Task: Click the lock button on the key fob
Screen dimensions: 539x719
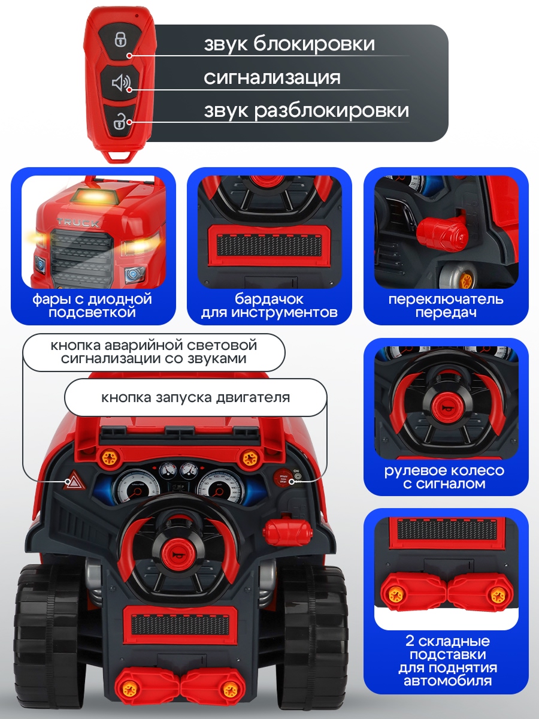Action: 120,40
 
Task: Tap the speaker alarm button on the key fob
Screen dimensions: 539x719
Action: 120,82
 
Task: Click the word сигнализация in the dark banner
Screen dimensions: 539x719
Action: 272,78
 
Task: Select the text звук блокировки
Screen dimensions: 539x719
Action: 289,44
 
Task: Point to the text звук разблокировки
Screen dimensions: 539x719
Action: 306,111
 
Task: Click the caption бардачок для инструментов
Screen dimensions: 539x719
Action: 269,306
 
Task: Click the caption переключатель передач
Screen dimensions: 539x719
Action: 446,306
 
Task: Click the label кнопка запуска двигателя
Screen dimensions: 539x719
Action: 195,398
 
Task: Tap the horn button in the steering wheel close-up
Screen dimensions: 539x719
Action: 446,408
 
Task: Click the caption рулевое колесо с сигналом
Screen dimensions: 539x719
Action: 444,477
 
